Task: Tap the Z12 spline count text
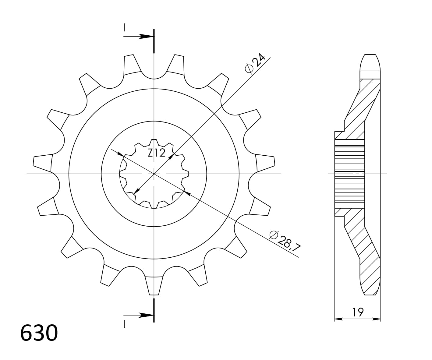point(157,153)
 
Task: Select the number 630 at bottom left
point(39,333)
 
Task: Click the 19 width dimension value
point(358,312)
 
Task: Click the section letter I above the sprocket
point(125,28)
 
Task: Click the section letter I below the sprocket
point(125,324)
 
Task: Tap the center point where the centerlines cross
point(154,174)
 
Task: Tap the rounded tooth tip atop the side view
point(370,62)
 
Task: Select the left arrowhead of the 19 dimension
point(338,319)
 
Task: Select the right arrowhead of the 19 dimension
point(377,319)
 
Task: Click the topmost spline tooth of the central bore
point(154,142)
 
